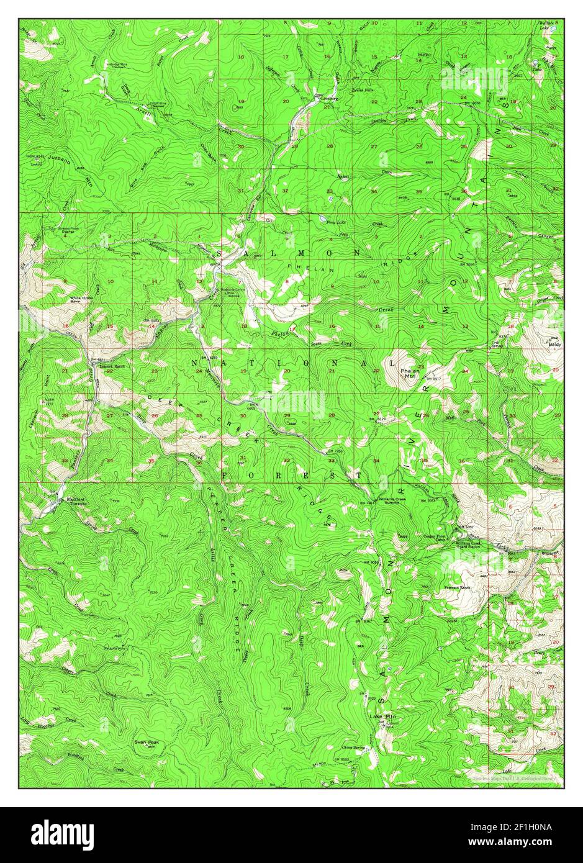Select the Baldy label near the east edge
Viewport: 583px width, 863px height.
pos(554,343)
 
